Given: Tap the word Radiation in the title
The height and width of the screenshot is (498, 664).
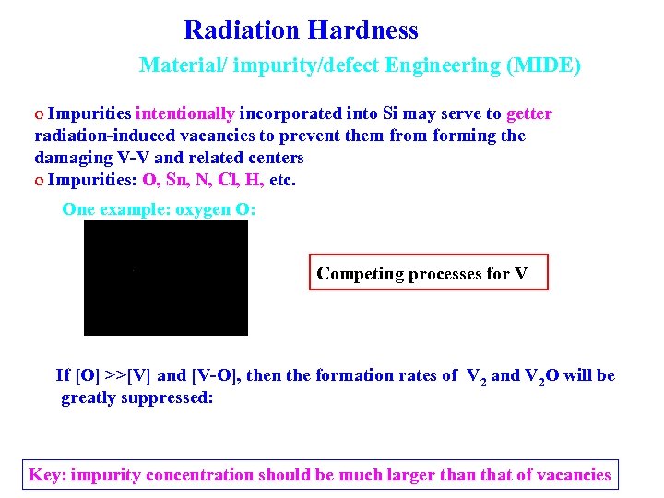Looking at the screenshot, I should (243, 30).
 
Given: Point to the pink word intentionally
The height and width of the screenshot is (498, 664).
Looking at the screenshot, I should (184, 114).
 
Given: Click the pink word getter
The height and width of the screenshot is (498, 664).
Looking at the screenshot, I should (528, 114).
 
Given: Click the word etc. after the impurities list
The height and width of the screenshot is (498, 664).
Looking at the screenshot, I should (282, 180).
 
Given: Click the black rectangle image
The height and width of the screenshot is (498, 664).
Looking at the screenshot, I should (166, 278).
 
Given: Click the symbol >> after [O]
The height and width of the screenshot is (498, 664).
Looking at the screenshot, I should (114, 375).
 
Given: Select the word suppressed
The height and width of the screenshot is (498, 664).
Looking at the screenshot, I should (175, 397).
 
